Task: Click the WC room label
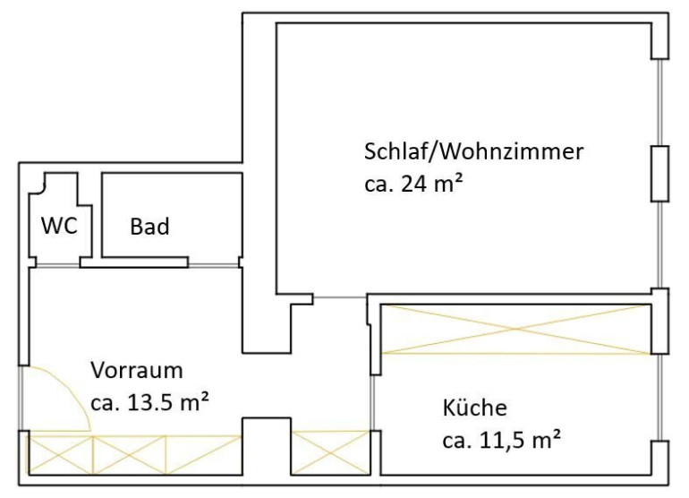[60, 225]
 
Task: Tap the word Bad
[149, 227]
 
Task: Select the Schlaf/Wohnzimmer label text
[473, 150]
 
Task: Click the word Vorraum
[137, 370]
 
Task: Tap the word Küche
[474, 409]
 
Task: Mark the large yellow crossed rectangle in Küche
[515, 329]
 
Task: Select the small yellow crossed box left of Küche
[330, 452]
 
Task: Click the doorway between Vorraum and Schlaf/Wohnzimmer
[339, 297]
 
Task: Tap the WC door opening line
[56, 264]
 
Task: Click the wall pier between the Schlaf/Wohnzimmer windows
[659, 173]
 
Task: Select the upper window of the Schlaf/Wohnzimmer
[660, 101]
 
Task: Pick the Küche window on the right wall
[659, 397]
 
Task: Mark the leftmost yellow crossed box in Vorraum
[61, 454]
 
